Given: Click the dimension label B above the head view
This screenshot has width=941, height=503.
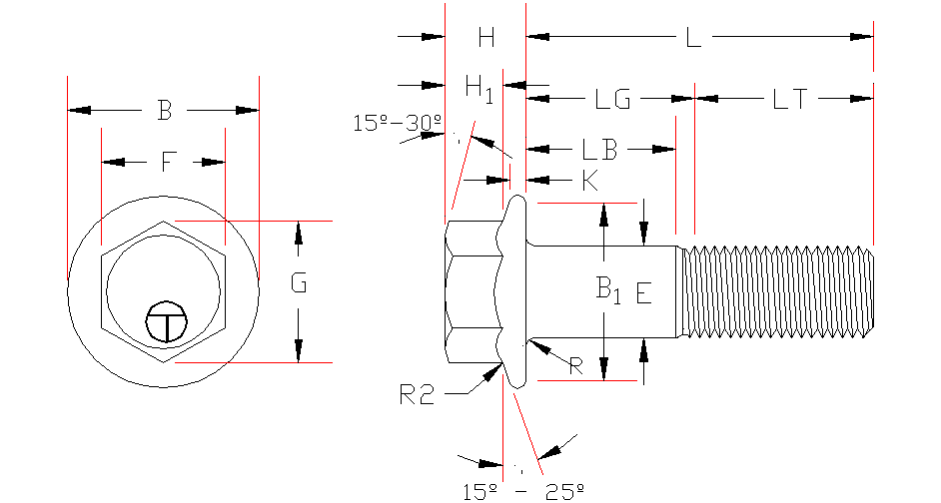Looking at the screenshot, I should click(x=165, y=111).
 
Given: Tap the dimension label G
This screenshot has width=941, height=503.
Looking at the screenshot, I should click(x=298, y=284).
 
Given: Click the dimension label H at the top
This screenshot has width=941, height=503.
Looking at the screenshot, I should click(x=486, y=38).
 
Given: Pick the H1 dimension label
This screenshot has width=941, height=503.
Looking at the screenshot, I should click(x=479, y=88).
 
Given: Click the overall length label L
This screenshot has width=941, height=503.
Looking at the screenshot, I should click(x=693, y=39).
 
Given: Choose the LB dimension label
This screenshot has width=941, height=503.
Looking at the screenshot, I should click(x=599, y=150).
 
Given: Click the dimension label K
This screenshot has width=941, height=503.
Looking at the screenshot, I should click(x=589, y=181).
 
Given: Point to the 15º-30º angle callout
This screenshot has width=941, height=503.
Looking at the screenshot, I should click(x=397, y=123).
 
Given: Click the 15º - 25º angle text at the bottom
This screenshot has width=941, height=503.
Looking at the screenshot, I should click(x=522, y=490).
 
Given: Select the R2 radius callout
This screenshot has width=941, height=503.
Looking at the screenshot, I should click(x=417, y=394).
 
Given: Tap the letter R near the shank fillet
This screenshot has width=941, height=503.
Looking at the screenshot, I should click(x=575, y=366).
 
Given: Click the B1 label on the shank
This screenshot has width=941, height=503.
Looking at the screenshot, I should click(x=608, y=290).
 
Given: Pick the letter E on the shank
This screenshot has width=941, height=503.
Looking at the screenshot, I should click(x=643, y=293).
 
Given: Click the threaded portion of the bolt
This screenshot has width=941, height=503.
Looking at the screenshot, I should click(x=779, y=291).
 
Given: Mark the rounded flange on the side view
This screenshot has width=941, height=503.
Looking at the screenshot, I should click(x=515, y=291).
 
